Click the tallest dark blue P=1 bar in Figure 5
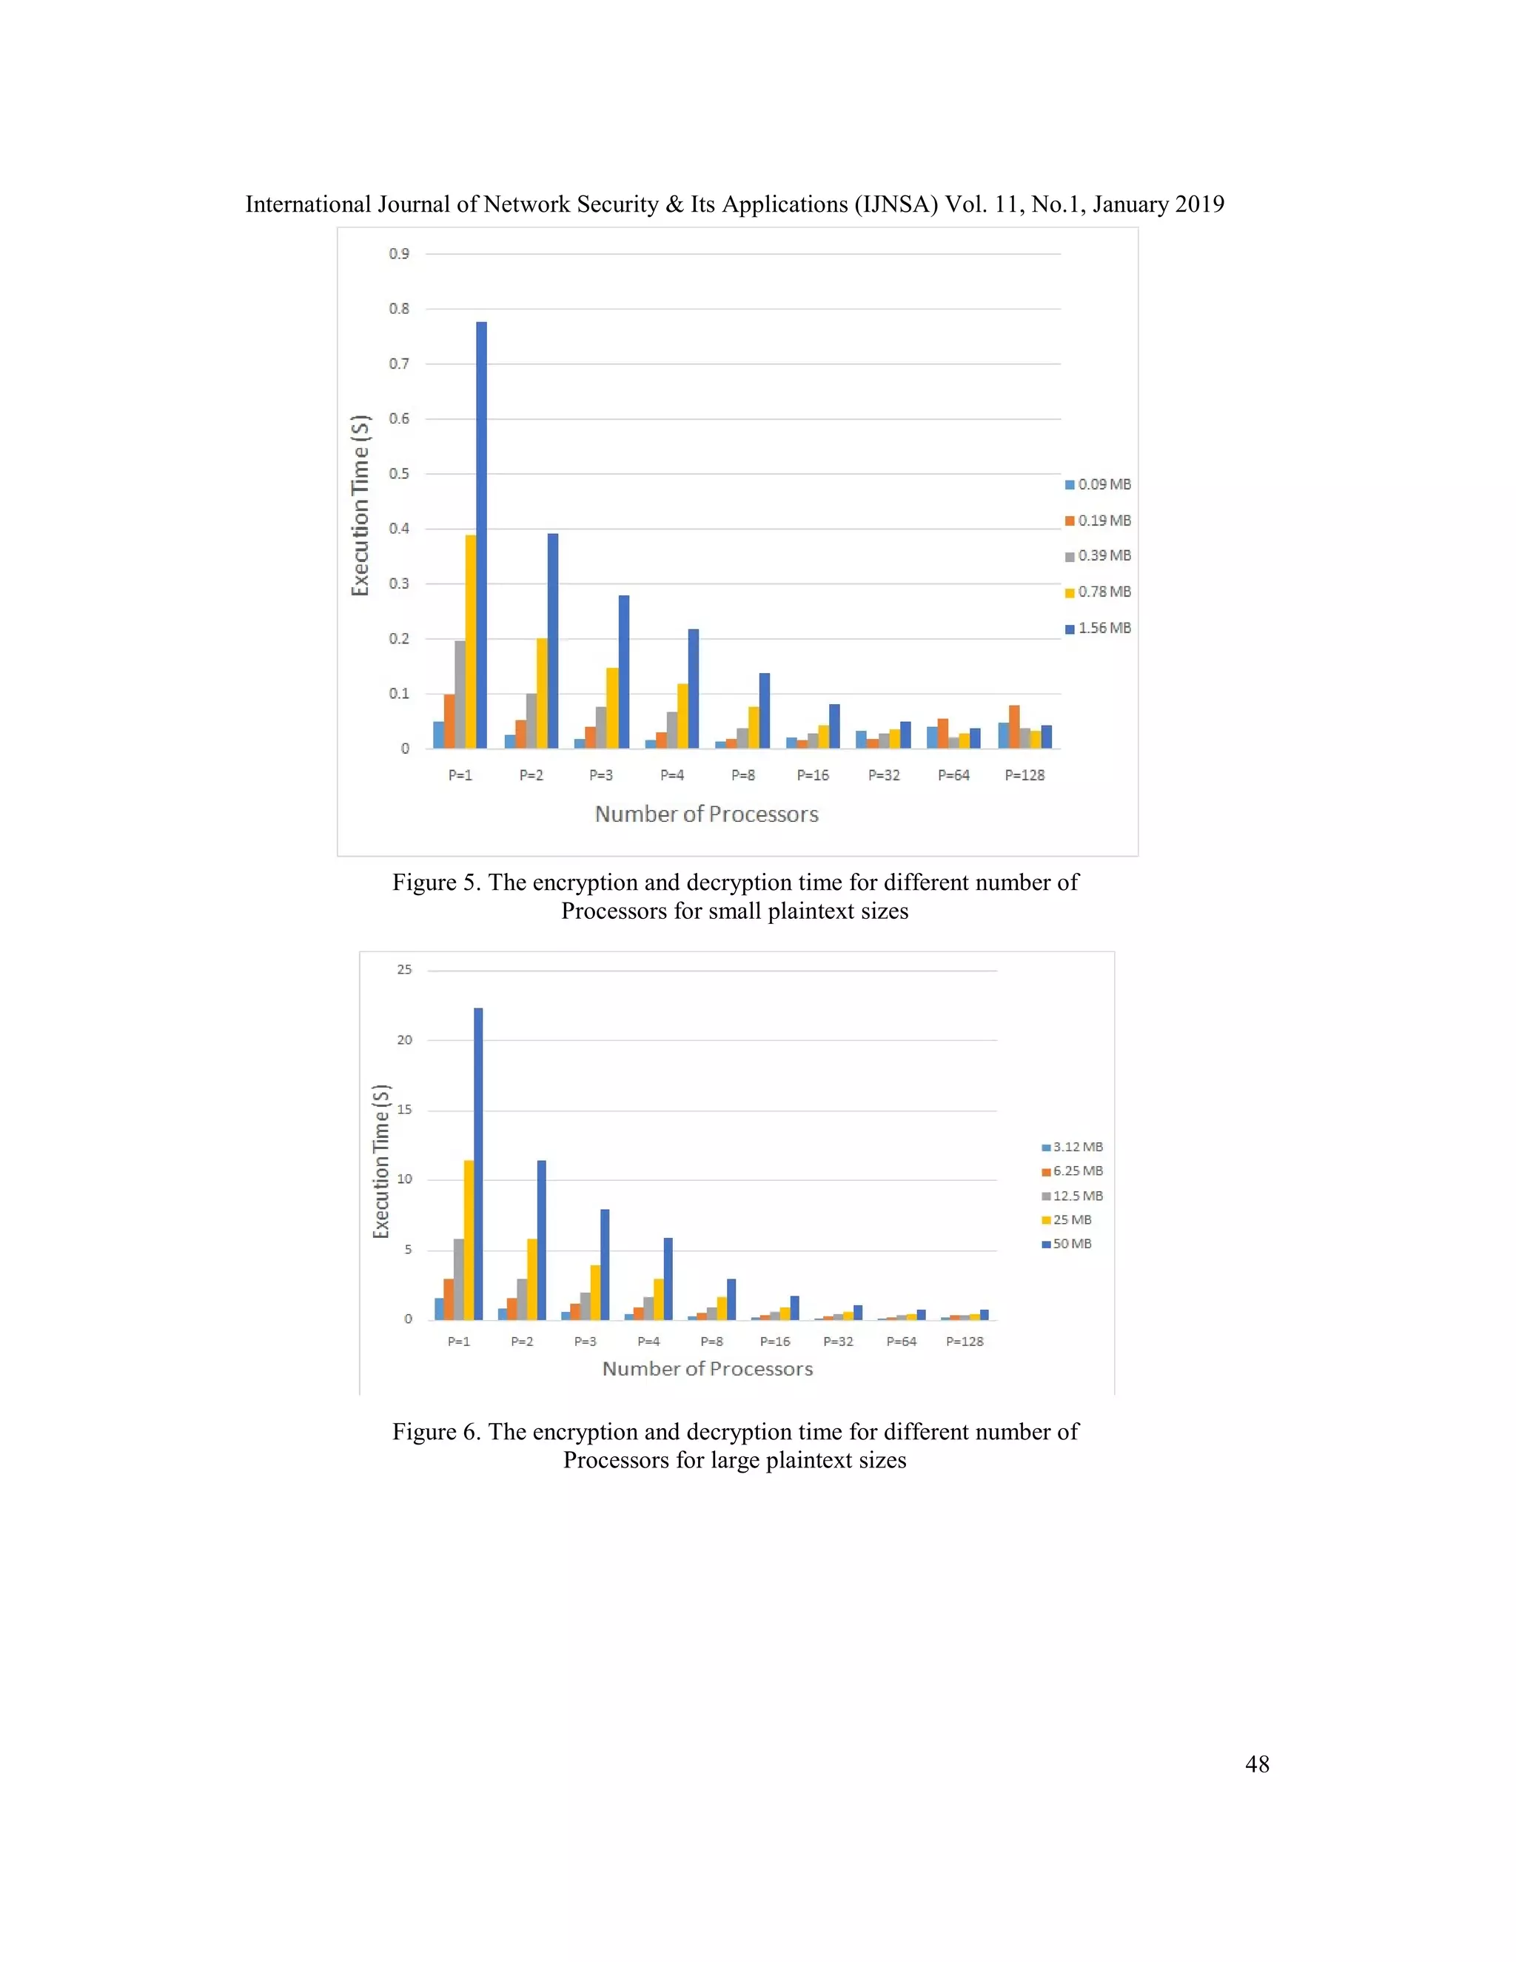tap(481, 535)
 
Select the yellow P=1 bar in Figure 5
tap(471, 641)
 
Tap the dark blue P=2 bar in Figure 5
tap(552, 640)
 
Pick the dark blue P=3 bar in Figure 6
tap(605, 1264)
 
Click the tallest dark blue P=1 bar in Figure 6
tap(477, 1163)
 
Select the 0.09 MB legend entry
tap(1098, 485)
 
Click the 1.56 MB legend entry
tap(1098, 629)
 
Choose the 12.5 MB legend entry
tap(1073, 1196)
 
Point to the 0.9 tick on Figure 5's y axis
tap(399, 254)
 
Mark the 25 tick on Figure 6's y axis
tap(404, 970)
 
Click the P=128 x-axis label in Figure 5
tap(1024, 775)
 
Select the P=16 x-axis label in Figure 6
tap(775, 1342)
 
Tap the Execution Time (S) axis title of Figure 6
tap(380, 1162)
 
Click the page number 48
tap(1256, 1764)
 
